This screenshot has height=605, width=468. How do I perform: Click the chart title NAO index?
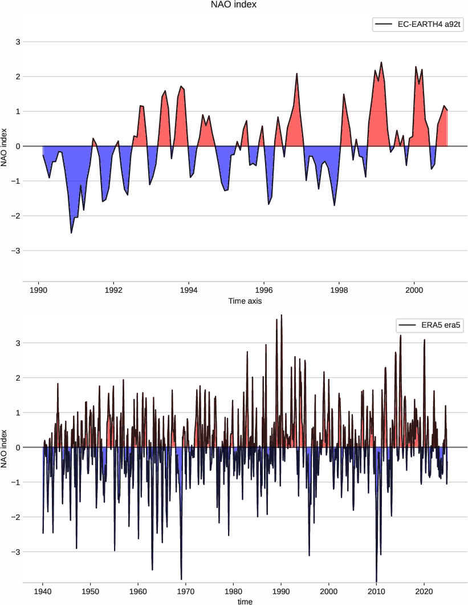tap(234, 5)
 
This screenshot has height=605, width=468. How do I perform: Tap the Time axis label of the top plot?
tap(245, 301)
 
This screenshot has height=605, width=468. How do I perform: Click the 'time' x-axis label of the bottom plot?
tap(245, 601)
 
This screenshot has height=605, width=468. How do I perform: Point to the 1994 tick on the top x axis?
tap(189, 289)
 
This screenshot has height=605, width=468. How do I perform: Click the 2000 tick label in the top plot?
tap(414, 289)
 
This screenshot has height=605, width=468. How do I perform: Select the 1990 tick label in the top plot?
tap(38, 289)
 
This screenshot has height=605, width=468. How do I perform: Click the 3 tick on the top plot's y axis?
tap(18, 42)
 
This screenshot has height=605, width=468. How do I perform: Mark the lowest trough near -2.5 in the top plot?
tap(71, 233)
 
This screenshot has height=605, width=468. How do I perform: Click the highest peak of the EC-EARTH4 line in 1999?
tap(381, 62)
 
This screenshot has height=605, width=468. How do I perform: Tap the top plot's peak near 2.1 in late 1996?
tap(297, 73)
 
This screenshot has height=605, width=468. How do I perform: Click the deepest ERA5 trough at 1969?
tap(181, 579)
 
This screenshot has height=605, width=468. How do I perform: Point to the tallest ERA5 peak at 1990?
tap(282, 315)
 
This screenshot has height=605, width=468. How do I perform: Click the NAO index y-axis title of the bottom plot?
tap(5, 447)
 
